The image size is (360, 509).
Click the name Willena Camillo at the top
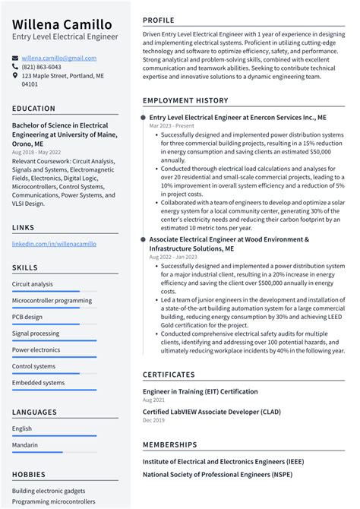click(62, 25)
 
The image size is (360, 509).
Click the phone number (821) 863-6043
click(42, 67)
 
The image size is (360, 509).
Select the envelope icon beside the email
click(15, 58)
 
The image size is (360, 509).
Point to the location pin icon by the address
click(15, 76)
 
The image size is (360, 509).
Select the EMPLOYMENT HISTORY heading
click(185, 100)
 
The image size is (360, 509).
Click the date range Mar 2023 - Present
click(172, 126)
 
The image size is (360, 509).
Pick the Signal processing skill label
click(36, 334)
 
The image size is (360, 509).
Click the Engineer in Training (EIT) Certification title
click(201, 391)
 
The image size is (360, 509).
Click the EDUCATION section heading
click(34, 109)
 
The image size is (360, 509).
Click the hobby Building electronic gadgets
click(49, 491)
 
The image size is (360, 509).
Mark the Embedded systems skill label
click(39, 383)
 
